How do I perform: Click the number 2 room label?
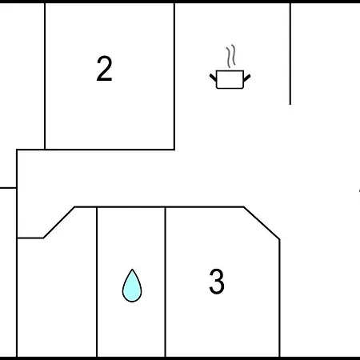tap(104, 68)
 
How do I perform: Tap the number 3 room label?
tap(217, 281)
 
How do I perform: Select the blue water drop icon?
tap(132, 286)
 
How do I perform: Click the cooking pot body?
tap(230, 79)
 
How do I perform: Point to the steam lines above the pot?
tap(231, 56)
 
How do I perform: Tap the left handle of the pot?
tap(213, 78)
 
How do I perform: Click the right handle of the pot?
tap(247, 78)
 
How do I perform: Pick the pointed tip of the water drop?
tap(132, 270)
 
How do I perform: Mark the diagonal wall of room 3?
tap(262, 223)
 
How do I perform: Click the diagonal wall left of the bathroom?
tap(59, 222)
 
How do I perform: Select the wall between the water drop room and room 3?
tap(166, 282)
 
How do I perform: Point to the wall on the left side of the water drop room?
tap(97, 282)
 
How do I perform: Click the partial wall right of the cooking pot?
tap(290, 54)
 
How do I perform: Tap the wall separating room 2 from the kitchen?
tap(174, 76)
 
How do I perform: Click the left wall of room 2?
tap(45, 76)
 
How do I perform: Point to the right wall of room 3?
tap(279, 298)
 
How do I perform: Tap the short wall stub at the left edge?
tap(8, 188)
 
